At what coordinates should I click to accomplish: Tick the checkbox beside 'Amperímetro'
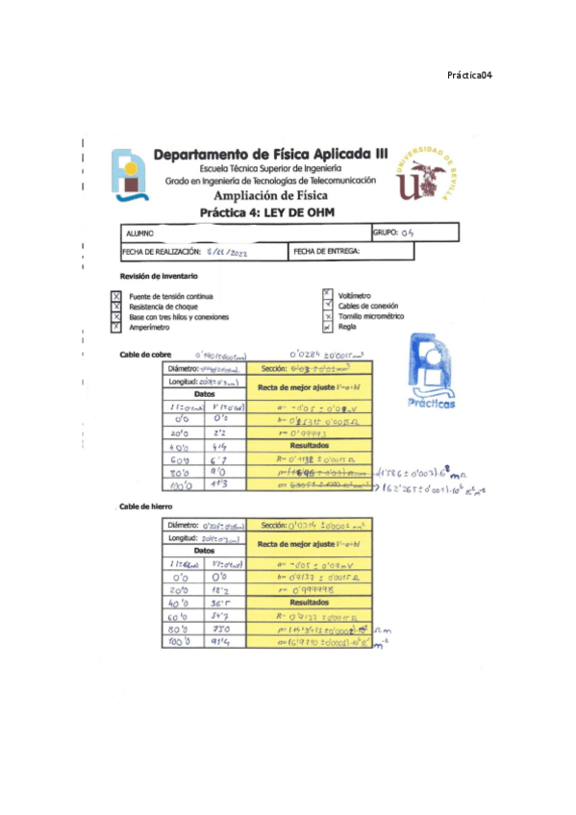pyautogui.click(x=116, y=327)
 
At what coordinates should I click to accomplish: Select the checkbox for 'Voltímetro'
pyautogui.click(x=328, y=295)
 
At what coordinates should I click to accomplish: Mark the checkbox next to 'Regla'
pyautogui.click(x=328, y=327)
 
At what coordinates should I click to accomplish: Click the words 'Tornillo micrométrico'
pyautogui.click(x=372, y=316)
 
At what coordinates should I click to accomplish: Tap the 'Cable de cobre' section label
pyautogui.click(x=140, y=355)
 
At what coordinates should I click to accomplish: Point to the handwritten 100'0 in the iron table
pyautogui.click(x=179, y=640)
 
